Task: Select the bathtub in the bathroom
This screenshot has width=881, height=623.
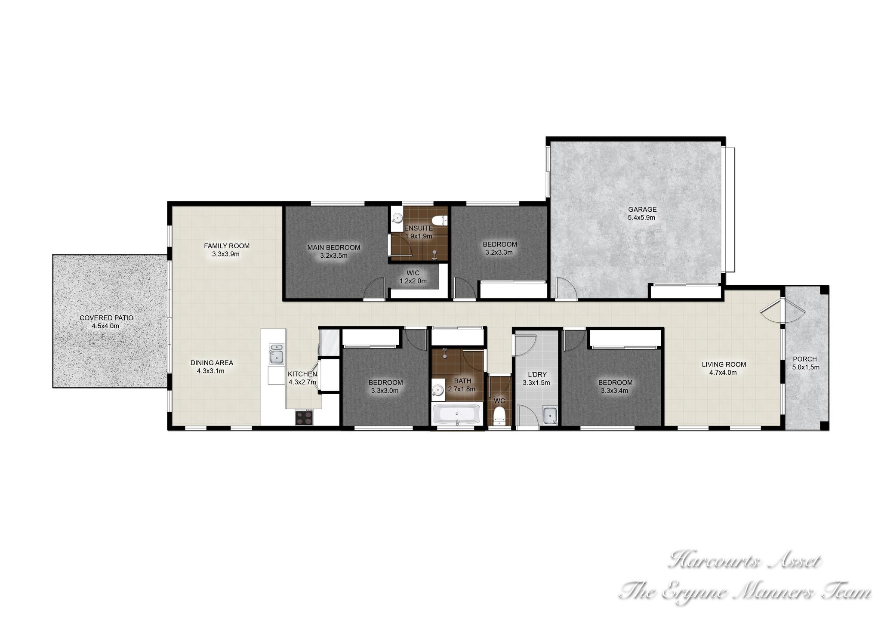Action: point(457,414)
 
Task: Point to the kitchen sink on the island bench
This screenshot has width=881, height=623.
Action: point(276,353)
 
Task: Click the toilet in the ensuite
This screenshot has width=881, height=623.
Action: point(440,221)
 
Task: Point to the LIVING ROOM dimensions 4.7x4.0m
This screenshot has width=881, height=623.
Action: point(724,373)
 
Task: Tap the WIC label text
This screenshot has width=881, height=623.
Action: point(413,273)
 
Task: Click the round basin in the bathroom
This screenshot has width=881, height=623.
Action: point(437,391)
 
